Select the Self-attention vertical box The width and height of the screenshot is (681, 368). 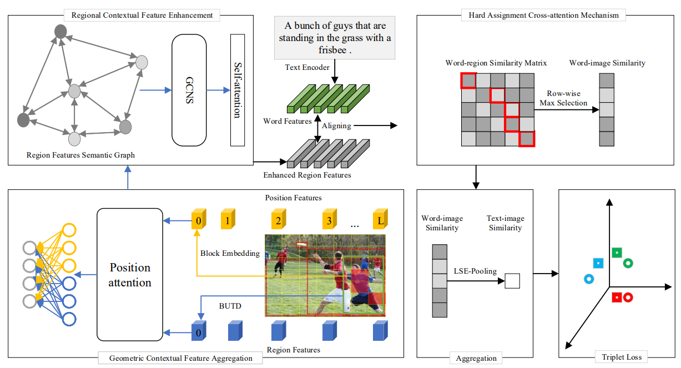pos(237,90)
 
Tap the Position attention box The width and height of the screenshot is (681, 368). pos(129,274)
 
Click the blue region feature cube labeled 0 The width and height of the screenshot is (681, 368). pos(199,332)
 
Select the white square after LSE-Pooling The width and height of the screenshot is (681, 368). pos(512,281)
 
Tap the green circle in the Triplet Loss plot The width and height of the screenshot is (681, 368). pos(628,263)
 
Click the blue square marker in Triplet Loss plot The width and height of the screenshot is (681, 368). pos(598,263)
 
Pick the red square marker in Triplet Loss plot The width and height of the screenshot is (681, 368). pos(616,298)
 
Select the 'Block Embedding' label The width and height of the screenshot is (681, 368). pos(230,254)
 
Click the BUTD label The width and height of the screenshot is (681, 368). pos(230,305)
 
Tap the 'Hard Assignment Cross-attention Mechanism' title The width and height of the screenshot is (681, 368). pos(520,16)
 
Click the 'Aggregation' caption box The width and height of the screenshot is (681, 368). pos(475,358)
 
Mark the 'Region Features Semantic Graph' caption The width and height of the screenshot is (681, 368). pos(80,155)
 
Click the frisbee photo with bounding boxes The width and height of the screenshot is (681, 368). pos(325,274)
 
